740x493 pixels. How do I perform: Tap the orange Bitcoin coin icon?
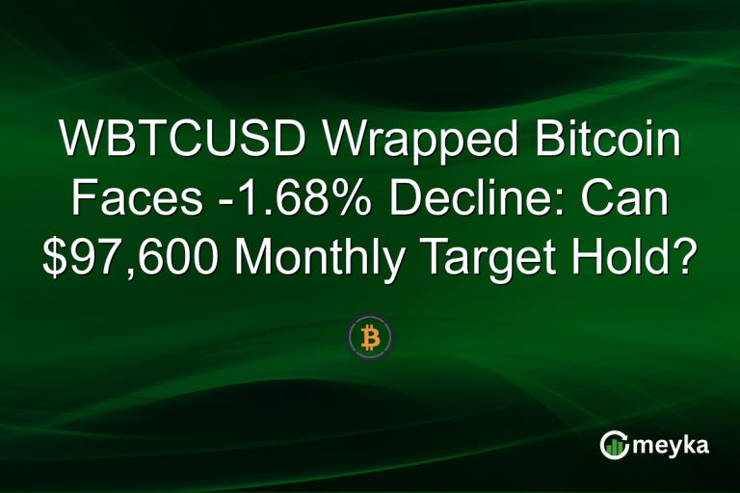(370, 336)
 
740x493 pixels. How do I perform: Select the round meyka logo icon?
(614, 445)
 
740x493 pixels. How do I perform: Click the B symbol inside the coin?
(370, 336)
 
